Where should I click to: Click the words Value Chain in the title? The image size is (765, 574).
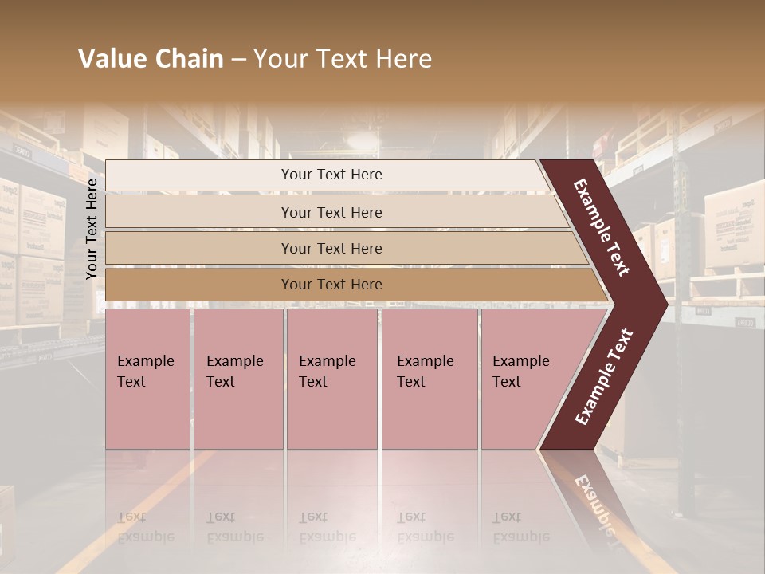click(x=151, y=59)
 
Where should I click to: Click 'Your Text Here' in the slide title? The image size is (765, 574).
click(x=343, y=59)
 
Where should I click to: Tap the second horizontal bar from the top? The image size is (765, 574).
click(x=331, y=212)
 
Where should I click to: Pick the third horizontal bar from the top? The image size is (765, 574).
click(x=331, y=248)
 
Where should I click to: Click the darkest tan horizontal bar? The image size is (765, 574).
click(x=331, y=285)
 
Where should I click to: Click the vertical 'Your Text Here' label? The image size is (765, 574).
click(x=92, y=229)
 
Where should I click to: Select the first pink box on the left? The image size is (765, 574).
click(x=147, y=379)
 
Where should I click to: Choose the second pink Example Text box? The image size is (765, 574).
click(x=237, y=379)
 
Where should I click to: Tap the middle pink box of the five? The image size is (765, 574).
click(x=331, y=379)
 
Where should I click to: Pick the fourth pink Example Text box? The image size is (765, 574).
click(x=429, y=379)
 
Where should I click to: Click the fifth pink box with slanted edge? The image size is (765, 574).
click(x=526, y=379)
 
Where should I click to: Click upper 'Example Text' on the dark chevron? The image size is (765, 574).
click(x=602, y=227)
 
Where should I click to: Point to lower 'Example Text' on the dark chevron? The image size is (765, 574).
click(x=604, y=376)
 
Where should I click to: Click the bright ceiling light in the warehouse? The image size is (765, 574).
click(x=363, y=140)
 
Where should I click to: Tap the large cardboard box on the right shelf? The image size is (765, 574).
click(x=733, y=223)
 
